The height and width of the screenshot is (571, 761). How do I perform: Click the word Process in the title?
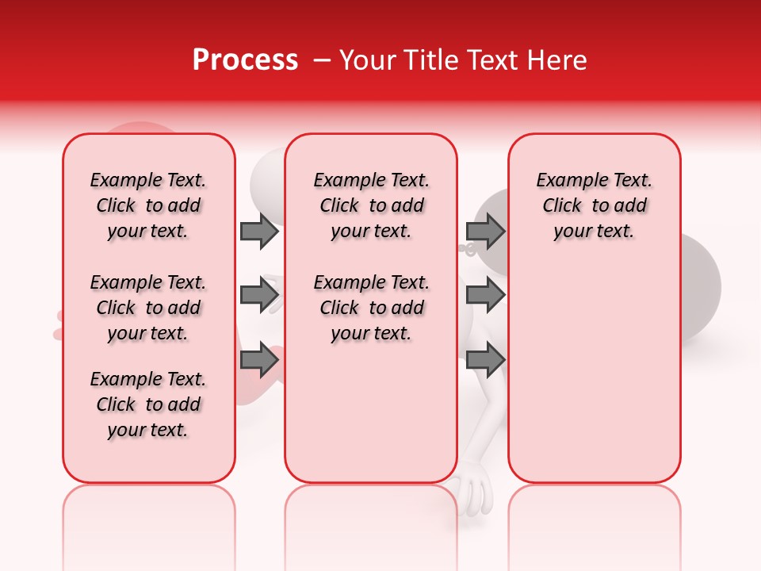click(245, 60)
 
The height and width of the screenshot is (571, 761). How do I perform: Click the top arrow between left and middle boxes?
click(259, 231)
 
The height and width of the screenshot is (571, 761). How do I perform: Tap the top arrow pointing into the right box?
click(485, 231)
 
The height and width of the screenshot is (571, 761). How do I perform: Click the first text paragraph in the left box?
click(148, 205)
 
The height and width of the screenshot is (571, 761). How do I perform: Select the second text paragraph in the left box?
click(148, 308)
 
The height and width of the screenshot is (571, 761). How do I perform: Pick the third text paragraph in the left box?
click(148, 404)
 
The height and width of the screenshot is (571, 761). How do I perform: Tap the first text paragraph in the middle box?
click(371, 205)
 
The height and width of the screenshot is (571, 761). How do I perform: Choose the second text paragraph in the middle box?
click(371, 308)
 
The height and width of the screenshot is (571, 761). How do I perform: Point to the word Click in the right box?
click(562, 206)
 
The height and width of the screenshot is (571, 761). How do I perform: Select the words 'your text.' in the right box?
click(594, 232)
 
